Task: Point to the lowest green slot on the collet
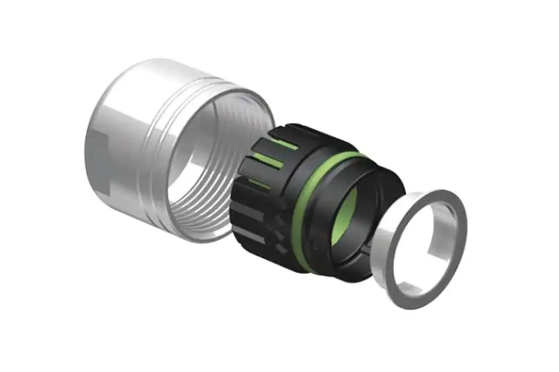click(261, 183)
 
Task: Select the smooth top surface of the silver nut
click(160, 72)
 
